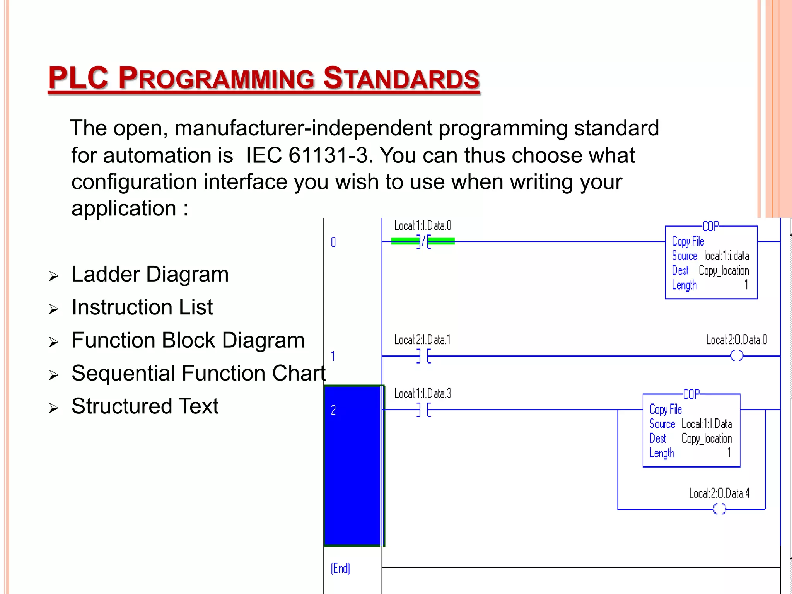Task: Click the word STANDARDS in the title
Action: (401, 78)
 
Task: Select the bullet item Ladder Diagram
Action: (150, 275)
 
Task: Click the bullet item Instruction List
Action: (142, 307)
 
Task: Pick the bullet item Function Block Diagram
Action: (188, 341)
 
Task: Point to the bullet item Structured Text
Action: (145, 406)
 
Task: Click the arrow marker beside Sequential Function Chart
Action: (53, 375)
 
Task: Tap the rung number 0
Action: (333, 242)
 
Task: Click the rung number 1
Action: (333, 356)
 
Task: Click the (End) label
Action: (340, 568)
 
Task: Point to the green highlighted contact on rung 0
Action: (423, 241)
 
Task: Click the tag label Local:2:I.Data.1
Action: (422, 340)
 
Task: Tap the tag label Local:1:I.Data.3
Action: (423, 394)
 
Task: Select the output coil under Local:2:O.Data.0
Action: (736, 356)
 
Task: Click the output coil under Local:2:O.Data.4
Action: (719, 509)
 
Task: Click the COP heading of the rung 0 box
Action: (710, 226)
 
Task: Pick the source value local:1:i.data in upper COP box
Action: (726, 256)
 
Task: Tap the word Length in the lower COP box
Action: (662, 453)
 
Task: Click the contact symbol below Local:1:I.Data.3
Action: (423, 410)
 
